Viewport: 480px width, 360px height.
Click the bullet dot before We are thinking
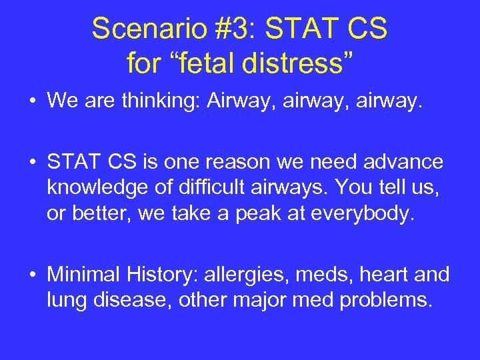click(33, 101)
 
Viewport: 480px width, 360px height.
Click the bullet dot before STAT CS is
click(33, 163)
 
